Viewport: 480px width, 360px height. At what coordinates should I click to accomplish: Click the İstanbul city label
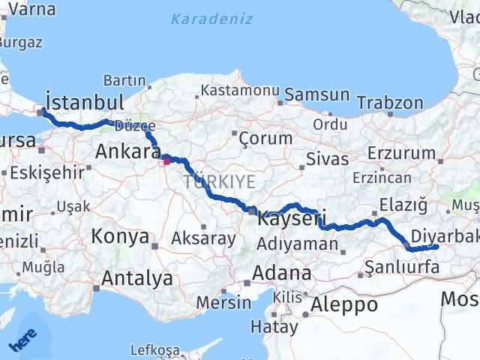coord(84,101)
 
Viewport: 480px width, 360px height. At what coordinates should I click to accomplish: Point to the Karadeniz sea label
coord(211,19)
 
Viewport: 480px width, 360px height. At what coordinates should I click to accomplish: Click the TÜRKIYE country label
coord(219,181)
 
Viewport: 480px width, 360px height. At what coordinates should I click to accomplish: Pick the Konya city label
coord(120,237)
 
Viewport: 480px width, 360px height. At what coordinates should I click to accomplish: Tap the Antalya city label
coord(137,279)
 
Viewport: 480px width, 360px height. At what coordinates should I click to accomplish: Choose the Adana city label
coord(282,271)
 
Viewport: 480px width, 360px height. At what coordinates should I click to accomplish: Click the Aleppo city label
coord(345,304)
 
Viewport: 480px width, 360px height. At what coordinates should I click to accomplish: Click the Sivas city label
coord(328,159)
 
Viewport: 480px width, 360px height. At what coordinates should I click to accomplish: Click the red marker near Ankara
coord(166,159)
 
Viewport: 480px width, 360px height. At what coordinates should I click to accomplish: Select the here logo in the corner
coord(22,341)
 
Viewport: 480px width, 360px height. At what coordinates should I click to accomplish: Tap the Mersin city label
coord(223,303)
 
